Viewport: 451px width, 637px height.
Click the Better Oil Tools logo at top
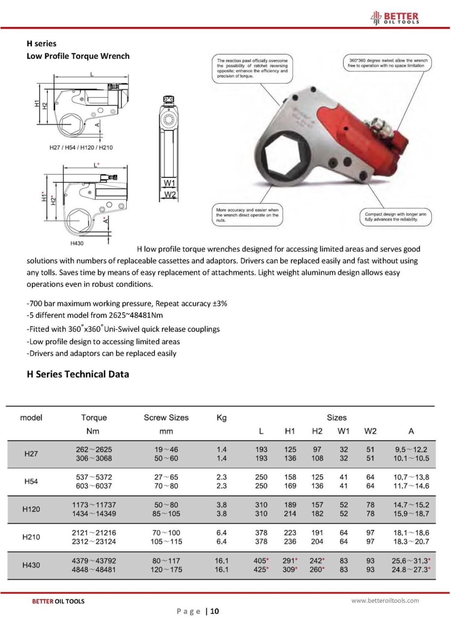[x=395, y=18]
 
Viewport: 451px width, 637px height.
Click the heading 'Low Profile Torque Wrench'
[x=78, y=56]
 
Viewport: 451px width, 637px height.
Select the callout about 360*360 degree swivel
[x=387, y=63]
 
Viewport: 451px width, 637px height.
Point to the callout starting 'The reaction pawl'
[x=252, y=68]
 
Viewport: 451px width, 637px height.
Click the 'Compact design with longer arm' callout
[x=395, y=216]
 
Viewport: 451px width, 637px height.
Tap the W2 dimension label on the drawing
[x=169, y=195]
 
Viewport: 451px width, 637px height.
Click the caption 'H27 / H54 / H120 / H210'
[x=81, y=147]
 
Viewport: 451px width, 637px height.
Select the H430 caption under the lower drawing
[x=77, y=243]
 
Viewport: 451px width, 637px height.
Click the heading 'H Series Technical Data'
[x=78, y=374]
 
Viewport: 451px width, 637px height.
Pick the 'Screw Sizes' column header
[x=166, y=418]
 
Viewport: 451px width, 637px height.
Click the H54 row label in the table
[x=31, y=481]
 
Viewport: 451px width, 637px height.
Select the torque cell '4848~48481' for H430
[x=94, y=569]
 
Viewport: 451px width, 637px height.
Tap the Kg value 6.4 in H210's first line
[x=221, y=532]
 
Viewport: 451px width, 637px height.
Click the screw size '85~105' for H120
[x=166, y=513]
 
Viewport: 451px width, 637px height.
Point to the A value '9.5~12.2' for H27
[x=411, y=449]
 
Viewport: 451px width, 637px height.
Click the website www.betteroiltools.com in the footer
[x=385, y=600]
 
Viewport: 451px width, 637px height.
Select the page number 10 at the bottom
[x=214, y=611]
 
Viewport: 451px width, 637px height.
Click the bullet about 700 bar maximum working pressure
[x=127, y=304]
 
